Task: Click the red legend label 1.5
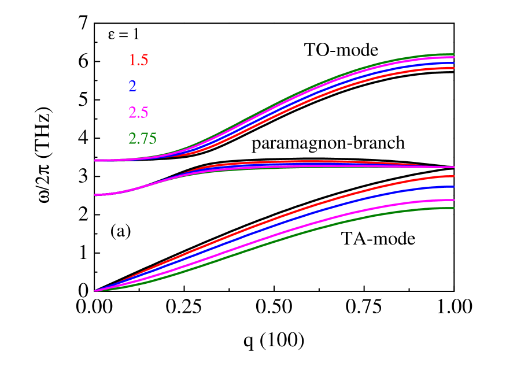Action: point(138,60)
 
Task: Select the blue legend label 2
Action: point(132,86)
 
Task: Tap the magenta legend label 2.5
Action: point(138,112)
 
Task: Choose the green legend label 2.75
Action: point(142,139)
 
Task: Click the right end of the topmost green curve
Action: point(453,54)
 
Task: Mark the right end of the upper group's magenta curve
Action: point(453,58)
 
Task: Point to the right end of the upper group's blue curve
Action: point(453,62)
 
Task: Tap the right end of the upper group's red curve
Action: point(453,68)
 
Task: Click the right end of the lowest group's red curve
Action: point(453,176)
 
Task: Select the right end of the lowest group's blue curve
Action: point(453,187)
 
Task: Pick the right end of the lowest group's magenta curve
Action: point(453,200)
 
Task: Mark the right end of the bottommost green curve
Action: point(453,208)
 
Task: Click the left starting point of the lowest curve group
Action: point(95,291)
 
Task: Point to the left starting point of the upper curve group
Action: point(95,160)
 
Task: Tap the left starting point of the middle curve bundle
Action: point(95,195)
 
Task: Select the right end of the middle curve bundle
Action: point(453,167)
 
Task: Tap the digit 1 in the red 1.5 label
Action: point(132,60)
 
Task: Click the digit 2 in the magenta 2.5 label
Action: point(132,112)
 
